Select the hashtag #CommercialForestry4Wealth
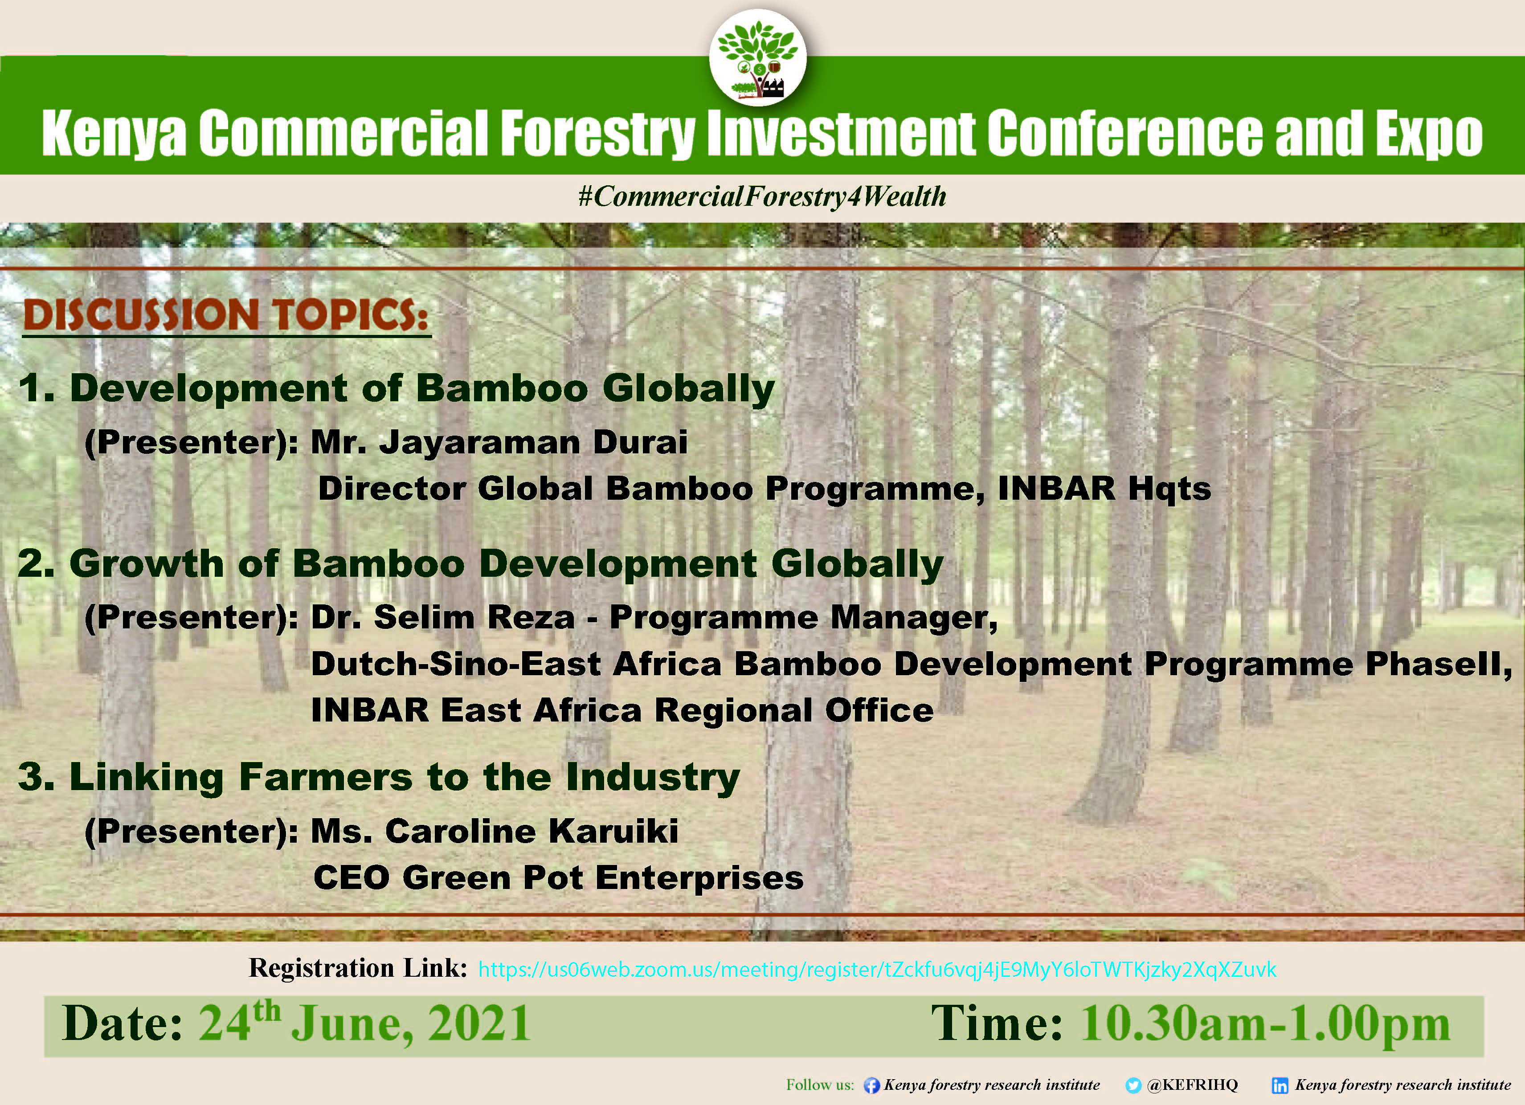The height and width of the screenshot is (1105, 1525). click(762, 196)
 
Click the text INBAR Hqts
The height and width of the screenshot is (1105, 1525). click(1104, 489)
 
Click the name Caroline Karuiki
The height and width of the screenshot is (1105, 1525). click(532, 832)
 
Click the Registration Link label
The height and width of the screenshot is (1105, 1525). click(358, 968)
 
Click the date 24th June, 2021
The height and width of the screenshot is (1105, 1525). click(364, 1023)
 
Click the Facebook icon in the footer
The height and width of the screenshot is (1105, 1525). click(871, 1085)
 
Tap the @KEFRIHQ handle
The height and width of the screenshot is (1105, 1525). click(1192, 1085)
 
